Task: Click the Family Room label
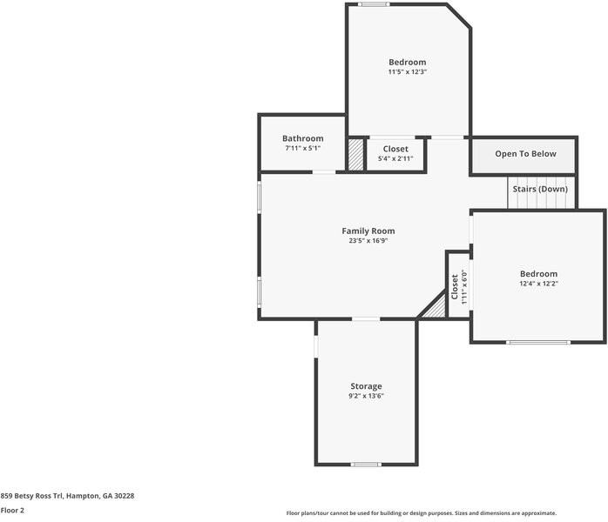(368, 231)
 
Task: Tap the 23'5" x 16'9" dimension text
(368, 240)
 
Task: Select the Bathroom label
(302, 138)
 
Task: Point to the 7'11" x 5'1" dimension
(302, 148)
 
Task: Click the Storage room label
(366, 386)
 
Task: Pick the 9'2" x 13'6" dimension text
(366, 396)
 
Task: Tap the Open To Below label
(525, 154)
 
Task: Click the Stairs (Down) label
(540, 189)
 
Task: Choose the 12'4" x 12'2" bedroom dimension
(538, 284)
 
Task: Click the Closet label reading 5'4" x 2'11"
(395, 149)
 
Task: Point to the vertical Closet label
(455, 285)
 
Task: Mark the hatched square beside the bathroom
(355, 154)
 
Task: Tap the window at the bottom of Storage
(366, 464)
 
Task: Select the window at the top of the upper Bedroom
(375, 5)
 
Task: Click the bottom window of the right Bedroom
(538, 342)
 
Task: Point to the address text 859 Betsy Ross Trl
(67, 495)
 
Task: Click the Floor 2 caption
(12, 511)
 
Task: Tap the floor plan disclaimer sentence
(421, 513)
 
